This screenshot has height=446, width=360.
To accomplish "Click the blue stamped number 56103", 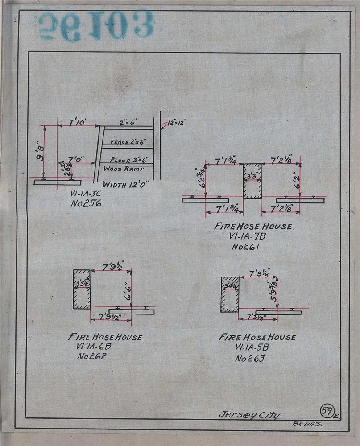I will [x=96, y=26].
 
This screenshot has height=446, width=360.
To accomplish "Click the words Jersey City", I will [x=249, y=415].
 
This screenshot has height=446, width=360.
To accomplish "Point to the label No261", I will [x=246, y=246].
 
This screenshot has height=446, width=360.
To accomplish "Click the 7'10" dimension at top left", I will [x=79, y=122].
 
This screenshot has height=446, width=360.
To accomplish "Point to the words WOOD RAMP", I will [x=122, y=169].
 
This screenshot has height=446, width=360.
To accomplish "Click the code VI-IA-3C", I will [x=86, y=194].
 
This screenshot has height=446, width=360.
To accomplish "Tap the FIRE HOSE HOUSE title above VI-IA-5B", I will [x=257, y=338].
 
